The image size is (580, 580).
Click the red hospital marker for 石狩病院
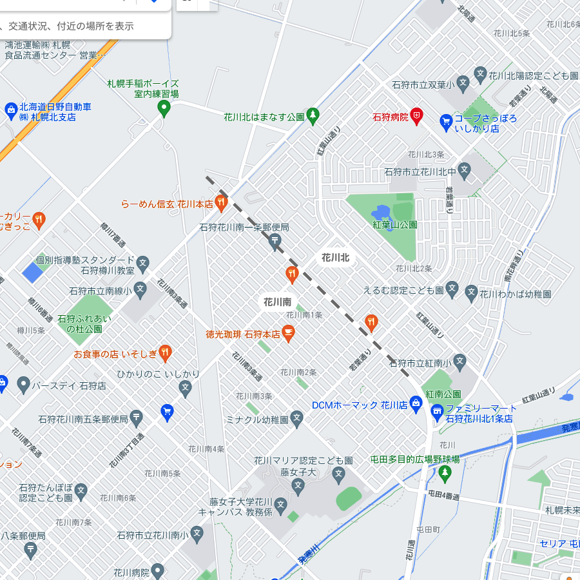[x=417, y=117]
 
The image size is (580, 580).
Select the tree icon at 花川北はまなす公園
[x=313, y=116]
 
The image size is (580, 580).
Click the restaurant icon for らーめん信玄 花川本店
[x=221, y=204]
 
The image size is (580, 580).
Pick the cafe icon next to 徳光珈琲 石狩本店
[x=287, y=333]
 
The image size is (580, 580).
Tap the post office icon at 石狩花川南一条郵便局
[x=275, y=242]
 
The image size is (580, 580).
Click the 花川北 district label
[x=335, y=258]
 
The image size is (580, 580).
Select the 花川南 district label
[x=277, y=302]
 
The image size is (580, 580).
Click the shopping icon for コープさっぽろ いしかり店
[x=445, y=121]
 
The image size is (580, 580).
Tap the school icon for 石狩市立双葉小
[x=480, y=73]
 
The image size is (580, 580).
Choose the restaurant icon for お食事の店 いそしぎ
[x=165, y=353]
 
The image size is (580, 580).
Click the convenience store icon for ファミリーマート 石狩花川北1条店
[x=437, y=410]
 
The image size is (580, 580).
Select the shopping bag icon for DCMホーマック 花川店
[x=416, y=405]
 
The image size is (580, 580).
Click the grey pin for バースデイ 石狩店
[x=23, y=385]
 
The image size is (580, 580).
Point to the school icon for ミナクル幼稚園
[x=296, y=419]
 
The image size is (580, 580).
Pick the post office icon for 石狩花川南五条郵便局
[x=137, y=418]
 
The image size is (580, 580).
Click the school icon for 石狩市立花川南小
[x=197, y=534]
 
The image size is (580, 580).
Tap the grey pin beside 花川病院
[x=158, y=571]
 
